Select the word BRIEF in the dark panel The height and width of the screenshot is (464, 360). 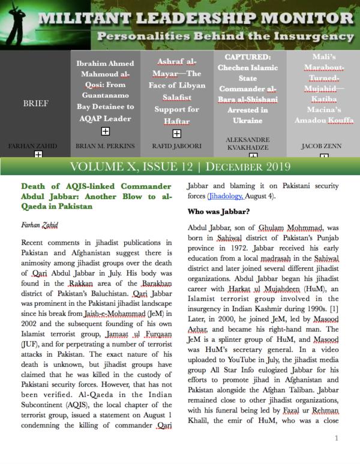(x=36, y=104)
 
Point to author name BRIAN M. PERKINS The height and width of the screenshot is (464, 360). (x=105, y=146)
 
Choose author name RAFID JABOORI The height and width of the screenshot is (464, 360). (x=176, y=146)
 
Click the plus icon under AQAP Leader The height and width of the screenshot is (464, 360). (x=105, y=131)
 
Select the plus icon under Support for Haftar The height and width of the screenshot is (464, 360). (x=176, y=134)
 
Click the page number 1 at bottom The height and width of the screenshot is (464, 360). (x=337, y=439)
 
